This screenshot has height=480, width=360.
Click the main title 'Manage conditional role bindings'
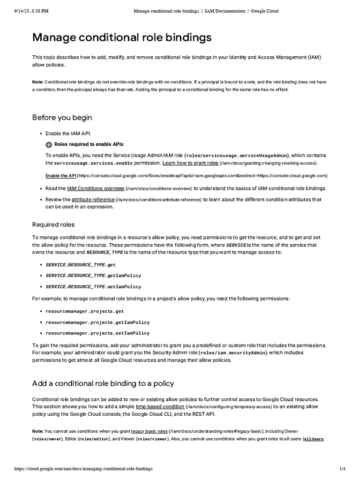122,37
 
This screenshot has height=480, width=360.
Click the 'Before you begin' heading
62,117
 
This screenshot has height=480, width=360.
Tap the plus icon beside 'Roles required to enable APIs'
49,145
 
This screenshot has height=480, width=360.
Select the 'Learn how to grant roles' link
190,163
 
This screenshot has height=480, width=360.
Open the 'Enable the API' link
60,176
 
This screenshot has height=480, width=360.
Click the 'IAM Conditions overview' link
96,188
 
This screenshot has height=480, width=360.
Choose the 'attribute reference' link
93,200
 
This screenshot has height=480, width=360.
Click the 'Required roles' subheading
53,225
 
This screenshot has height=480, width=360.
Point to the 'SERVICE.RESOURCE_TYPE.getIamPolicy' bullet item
93,276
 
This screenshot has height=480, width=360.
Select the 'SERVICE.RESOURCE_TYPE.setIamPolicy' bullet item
93,286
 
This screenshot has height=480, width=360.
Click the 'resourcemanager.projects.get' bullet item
84,311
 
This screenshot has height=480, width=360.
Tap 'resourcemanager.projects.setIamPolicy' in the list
97,333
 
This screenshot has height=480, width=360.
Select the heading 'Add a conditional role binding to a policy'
103,383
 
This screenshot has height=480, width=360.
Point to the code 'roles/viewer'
152,439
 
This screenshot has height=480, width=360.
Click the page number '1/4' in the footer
342,469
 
